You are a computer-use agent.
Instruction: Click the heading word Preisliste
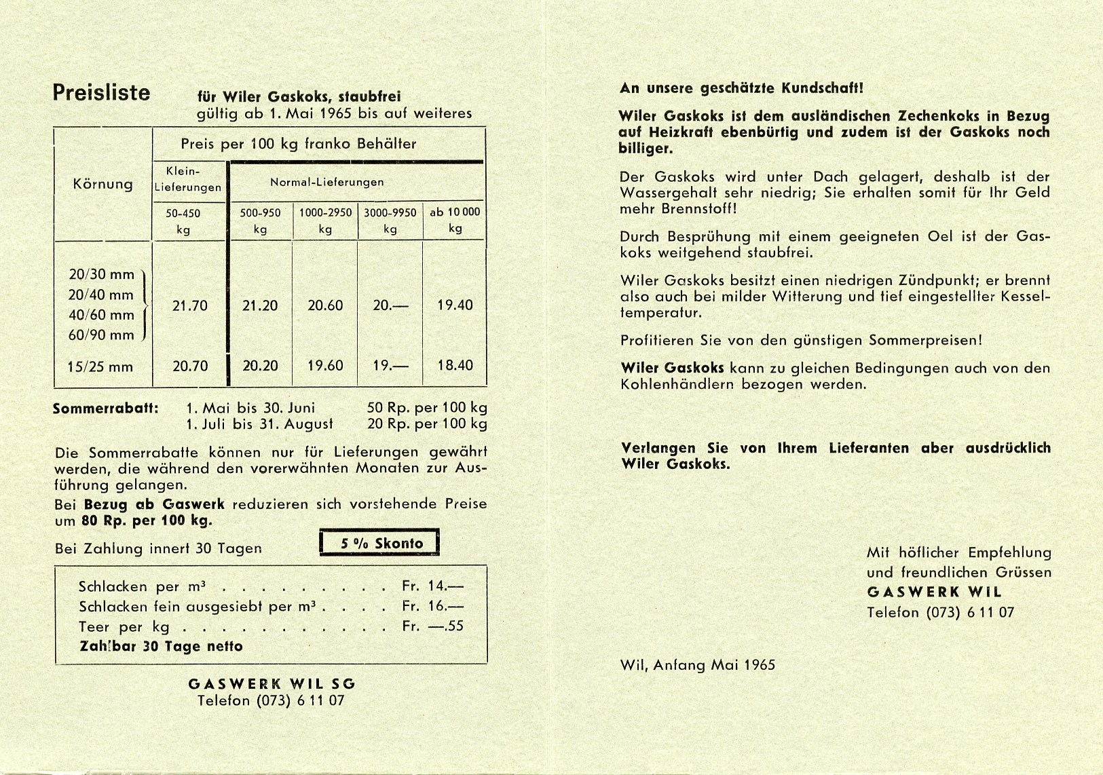point(101,92)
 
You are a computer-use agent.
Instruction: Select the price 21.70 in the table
point(190,306)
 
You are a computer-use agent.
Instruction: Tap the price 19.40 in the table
point(455,305)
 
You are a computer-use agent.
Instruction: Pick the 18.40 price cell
point(455,366)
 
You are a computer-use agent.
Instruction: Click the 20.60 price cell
point(325,306)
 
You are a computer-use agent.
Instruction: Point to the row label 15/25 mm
point(100,367)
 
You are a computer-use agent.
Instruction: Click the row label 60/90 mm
point(102,335)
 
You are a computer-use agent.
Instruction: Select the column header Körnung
point(102,185)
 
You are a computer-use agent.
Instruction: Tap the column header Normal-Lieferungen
point(326,182)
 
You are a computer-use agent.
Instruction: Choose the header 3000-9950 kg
point(390,220)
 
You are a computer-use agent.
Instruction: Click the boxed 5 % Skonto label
point(379,543)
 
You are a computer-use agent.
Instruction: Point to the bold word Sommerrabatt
point(106,409)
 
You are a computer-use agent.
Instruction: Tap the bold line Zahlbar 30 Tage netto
point(161,647)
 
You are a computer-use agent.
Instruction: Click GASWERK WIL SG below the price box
point(272,684)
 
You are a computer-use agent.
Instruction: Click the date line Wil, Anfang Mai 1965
point(697,665)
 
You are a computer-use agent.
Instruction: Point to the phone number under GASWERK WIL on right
point(940,612)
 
